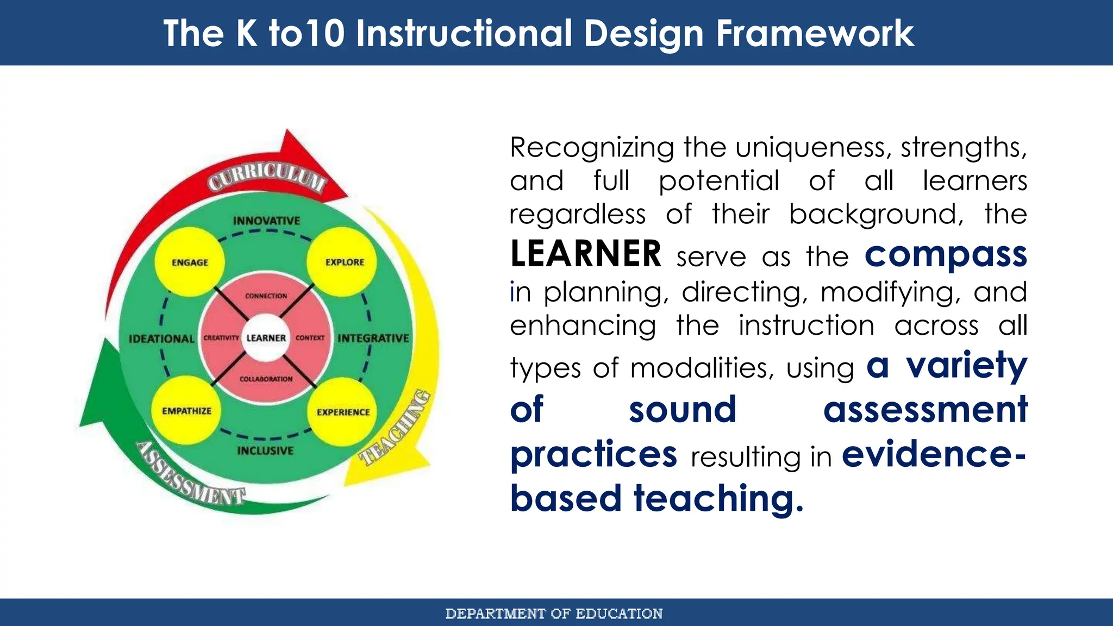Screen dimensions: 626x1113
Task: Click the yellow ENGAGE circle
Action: click(190, 262)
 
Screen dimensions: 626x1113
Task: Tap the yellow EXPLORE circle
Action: click(345, 262)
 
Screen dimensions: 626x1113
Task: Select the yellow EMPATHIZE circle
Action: click(186, 411)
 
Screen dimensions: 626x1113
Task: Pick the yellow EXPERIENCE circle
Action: click(343, 412)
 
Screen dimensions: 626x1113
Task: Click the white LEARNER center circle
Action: click(266, 338)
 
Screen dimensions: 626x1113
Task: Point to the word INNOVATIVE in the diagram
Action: click(266, 221)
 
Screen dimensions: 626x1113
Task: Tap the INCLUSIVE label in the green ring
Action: click(265, 450)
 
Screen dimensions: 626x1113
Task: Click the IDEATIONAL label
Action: click(161, 339)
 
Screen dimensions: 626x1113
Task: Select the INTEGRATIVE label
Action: click(373, 338)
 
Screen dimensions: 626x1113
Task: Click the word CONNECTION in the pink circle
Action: click(266, 296)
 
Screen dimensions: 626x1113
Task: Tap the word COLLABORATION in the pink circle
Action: click(266, 379)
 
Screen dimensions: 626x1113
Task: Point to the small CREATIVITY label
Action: click(221, 338)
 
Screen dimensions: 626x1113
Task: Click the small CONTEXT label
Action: click(310, 338)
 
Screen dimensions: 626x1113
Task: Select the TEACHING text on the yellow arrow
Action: click(396, 429)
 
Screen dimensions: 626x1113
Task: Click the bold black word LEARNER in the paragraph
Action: click(586, 254)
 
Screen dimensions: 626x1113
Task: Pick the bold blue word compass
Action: click(946, 254)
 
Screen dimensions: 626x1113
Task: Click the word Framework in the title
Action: click(815, 34)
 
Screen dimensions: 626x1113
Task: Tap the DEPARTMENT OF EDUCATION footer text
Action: click(554, 614)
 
